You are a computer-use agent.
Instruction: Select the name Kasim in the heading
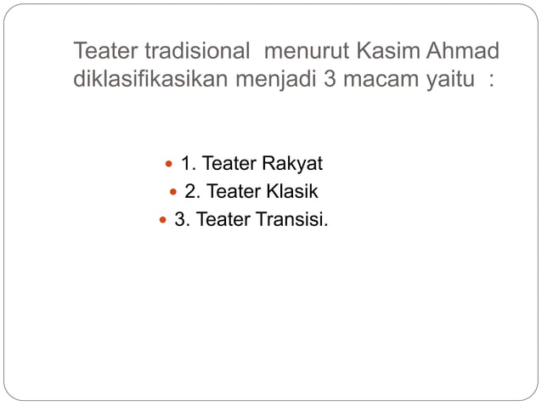point(380,52)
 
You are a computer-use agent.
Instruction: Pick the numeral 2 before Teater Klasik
point(191,192)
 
